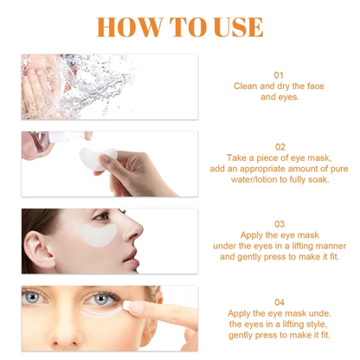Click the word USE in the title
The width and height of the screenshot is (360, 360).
coord(233,26)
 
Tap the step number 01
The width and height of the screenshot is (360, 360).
coord(279,75)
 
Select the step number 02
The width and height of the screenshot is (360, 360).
coord(279,147)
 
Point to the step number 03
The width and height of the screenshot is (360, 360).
coord(279,223)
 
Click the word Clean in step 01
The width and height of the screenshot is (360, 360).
coord(247,87)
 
